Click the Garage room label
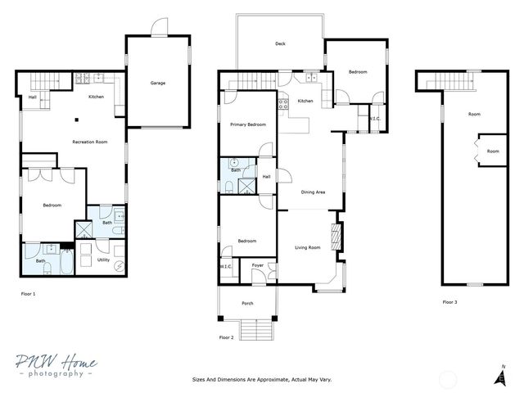(x=158, y=83)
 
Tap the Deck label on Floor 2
(x=280, y=44)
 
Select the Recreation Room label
(x=90, y=142)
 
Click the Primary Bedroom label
(x=247, y=124)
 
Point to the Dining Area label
(x=314, y=192)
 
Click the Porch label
(x=247, y=304)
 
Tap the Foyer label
(x=257, y=265)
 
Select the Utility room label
(x=103, y=260)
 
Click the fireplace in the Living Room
(x=333, y=237)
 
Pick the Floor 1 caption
(x=28, y=292)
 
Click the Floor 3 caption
(x=450, y=302)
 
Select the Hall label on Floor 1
(x=32, y=97)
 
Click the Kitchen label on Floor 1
(x=96, y=97)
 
